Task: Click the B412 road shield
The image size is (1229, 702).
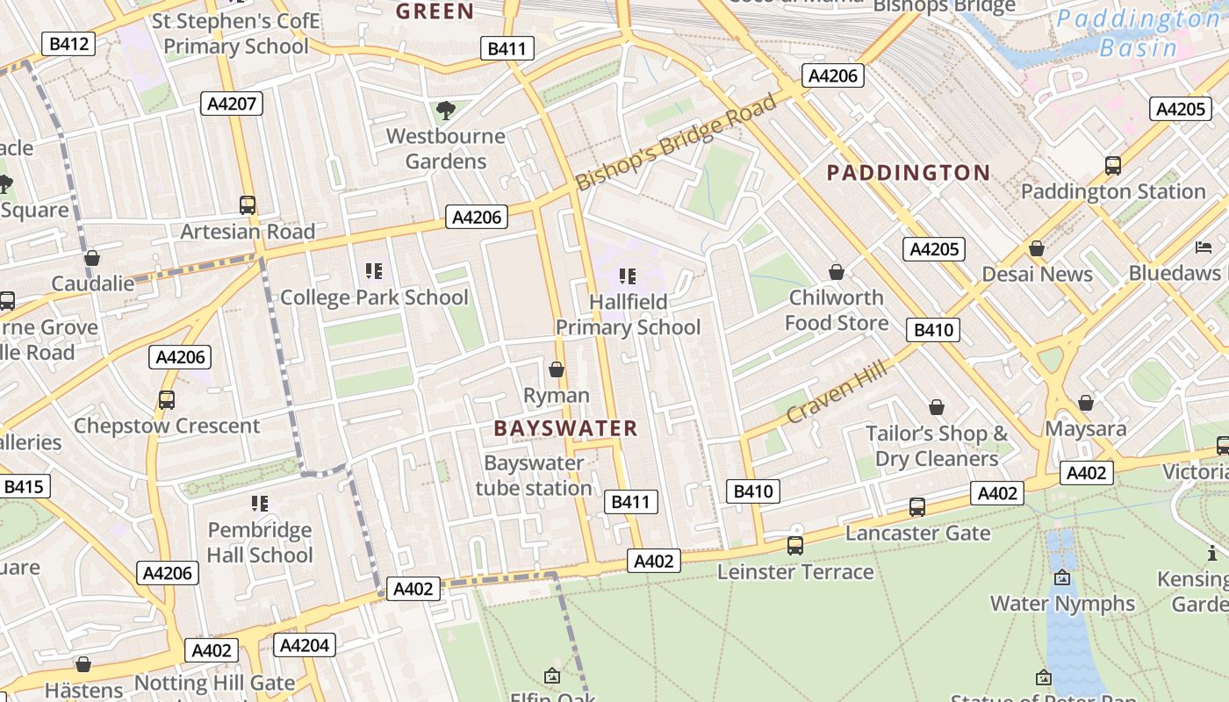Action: [68, 44]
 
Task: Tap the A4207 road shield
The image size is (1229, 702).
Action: [232, 104]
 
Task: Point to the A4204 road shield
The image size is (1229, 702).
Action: [305, 646]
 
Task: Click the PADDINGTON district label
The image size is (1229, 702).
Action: [909, 173]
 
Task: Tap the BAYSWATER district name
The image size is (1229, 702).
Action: [565, 428]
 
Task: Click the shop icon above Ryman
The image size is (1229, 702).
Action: [556, 369]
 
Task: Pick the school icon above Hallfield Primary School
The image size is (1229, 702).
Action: [628, 276]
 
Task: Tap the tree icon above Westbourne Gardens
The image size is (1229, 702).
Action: [446, 111]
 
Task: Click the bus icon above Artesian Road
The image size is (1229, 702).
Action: [248, 205]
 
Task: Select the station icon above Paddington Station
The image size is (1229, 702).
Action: [1112, 165]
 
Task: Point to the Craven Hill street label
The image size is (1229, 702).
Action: [837, 391]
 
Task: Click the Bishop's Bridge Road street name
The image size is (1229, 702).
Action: [677, 141]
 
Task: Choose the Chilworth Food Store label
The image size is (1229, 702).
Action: [837, 310]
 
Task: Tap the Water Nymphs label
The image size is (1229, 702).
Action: [1062, 604]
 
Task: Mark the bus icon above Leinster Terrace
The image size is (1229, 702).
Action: [795, 546]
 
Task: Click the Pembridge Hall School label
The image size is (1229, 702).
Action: [260, 542]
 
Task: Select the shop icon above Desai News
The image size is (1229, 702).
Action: [1037, 249]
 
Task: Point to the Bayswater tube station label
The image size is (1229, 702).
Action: [534, 475]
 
